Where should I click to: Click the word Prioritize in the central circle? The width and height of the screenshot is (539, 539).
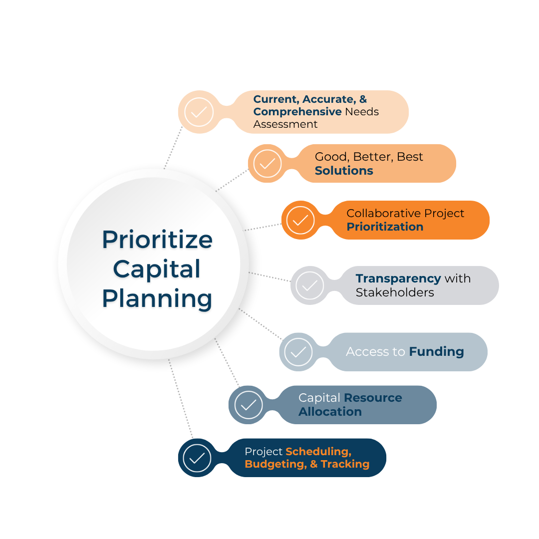(157, 240)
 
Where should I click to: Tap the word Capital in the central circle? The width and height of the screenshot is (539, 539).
(157, 269)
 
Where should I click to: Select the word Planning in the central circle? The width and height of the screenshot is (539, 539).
(157, 298)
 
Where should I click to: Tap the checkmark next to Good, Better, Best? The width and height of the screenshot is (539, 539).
(268, 163)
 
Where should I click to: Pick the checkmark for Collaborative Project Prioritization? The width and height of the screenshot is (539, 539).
(300, 220)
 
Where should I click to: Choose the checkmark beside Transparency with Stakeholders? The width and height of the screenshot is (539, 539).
(309, 285)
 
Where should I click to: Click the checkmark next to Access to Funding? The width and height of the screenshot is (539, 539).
(298, 352)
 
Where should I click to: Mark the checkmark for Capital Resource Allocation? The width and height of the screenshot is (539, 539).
(248, 405)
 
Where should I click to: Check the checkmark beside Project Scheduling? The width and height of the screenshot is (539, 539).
(197, 458)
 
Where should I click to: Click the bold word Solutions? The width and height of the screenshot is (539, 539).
(344, 171)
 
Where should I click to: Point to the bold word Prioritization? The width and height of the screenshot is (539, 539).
(385, 227)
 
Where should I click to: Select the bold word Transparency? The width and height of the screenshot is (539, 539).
(398, 278)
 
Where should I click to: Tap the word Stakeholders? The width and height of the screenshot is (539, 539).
(395, 292)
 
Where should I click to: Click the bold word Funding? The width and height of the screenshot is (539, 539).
(436, 352)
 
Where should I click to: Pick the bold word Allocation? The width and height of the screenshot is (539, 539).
(330, 412)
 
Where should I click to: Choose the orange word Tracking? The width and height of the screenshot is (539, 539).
(345, 464)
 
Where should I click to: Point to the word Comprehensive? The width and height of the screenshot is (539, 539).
(297, 112)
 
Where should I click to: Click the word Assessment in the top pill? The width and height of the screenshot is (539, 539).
(285, 124)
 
